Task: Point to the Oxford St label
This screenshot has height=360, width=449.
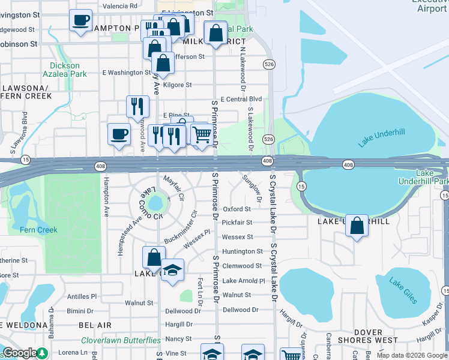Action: click(x=237, y=209)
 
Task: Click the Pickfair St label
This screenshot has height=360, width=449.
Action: click(x=237, y=223)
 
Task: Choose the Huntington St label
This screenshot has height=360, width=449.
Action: click(x=243, y=251)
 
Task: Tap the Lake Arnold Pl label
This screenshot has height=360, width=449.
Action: click(x=243, y=281)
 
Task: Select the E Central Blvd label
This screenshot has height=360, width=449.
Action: click(x=241, y=99)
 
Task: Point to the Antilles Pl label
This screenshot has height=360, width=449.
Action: click(x=82, y=296)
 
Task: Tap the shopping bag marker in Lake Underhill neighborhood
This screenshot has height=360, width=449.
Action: click(x=357, y=226)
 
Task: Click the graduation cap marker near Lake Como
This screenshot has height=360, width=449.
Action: click(x=172, y=269)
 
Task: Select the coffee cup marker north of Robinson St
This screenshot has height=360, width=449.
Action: click(x=80, y=20)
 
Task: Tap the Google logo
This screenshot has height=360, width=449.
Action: click(x=20, y=353)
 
